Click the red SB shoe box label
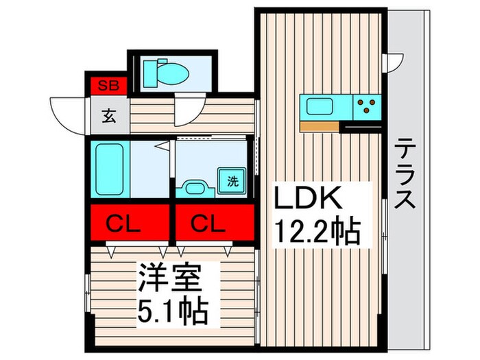106,86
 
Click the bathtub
108,169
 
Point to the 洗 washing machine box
232,182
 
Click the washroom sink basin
195,187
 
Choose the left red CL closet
129,222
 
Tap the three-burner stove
368,106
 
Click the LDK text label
309,201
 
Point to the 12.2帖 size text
317,232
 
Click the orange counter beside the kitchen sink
320,125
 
